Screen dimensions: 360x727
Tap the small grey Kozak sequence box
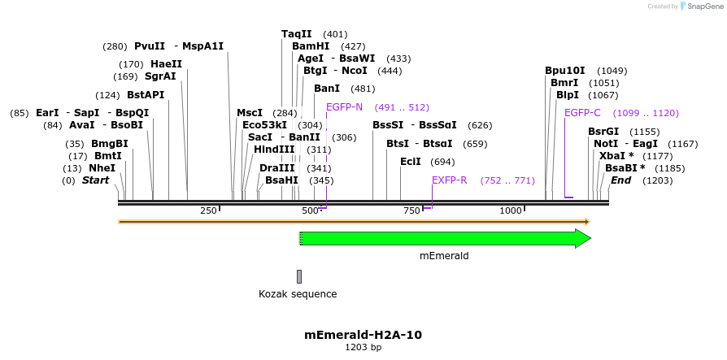[299, 276]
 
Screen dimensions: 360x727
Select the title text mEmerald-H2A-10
[363, 334]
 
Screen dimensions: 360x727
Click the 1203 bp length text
[363, 347]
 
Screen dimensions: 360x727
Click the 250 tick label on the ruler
[208, 210]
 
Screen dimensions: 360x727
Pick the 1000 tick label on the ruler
[510, 210]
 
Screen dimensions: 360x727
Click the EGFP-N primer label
[344, 107]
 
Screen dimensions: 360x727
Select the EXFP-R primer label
[449, 180]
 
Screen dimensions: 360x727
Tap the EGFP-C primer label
[582, 113]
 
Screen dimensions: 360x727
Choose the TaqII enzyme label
[296, 34]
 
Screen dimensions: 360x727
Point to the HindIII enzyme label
[274, 150]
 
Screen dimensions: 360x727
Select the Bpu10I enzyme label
[564, 71]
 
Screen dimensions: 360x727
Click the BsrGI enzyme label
[603, 132]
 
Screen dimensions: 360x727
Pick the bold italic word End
[620, 180]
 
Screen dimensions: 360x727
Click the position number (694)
[442, 162]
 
